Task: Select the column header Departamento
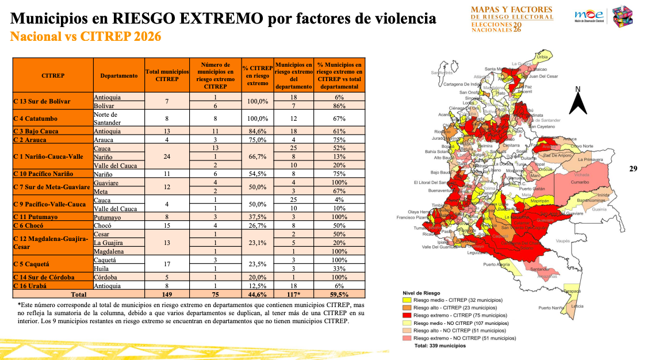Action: tap(118, 75)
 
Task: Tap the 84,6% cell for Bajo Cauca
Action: tap(255, 131)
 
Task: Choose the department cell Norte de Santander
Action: tap(107, 118)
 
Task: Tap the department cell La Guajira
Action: tap(108, 243)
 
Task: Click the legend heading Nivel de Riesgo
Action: tap(422, 293)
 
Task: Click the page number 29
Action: tap(633, 168)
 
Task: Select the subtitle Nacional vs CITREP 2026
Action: tap(86, 37)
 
